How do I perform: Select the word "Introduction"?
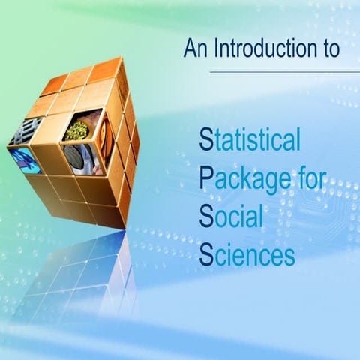(x=260, y=49)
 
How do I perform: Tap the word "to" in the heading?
(x=328, y=49)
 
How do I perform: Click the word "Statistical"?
(x=250, y=139)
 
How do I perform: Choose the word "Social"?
(x=232, y=218)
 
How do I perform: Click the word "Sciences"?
(x=247, y=256)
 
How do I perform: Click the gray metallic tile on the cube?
(x=24, y=133)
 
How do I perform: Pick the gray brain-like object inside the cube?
(x=76, y=157)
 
